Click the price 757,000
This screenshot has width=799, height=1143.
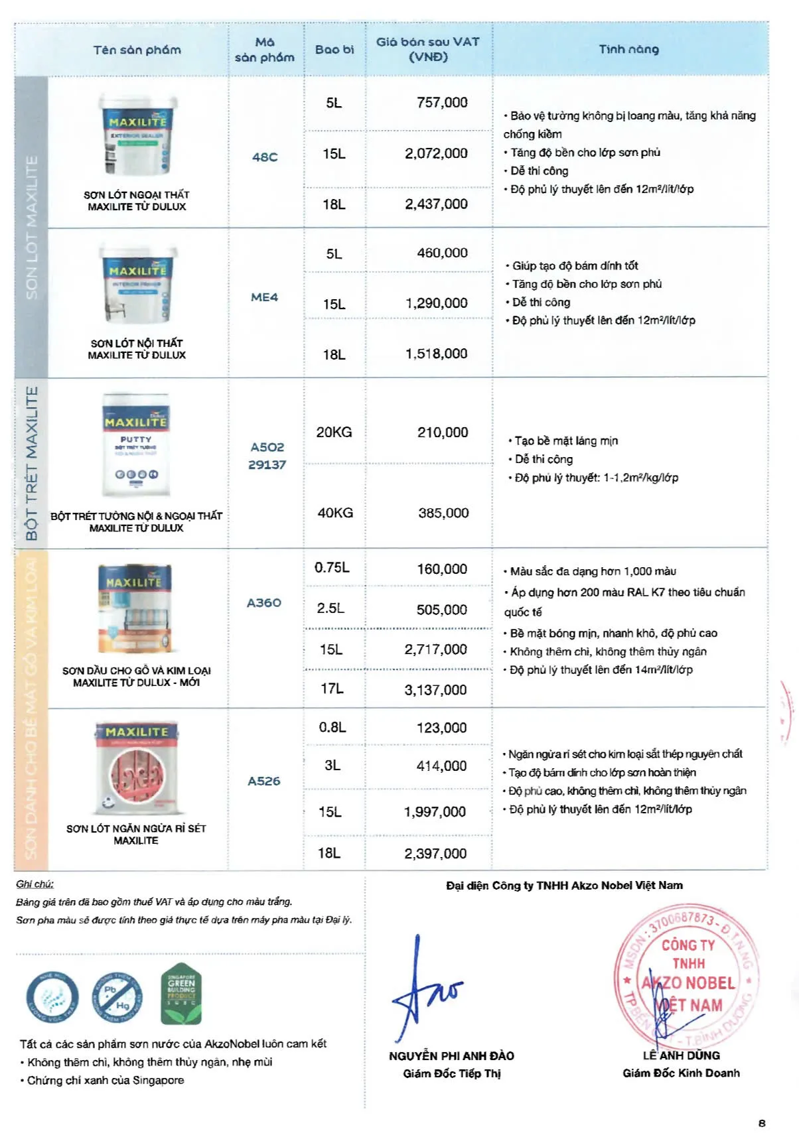tap(442, 102)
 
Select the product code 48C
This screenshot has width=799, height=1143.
tap(265, 157)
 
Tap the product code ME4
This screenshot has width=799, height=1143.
tap(264, 297)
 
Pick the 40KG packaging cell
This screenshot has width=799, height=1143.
tap(335, 513)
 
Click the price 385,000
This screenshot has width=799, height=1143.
tap(443, 513)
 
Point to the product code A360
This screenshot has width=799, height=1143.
tap(264, 602)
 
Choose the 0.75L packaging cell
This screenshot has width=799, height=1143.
tap(332, 568)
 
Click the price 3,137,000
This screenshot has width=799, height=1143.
tap(435, 690)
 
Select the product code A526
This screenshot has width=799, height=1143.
tap(264, 781)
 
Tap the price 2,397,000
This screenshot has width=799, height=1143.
tap(435, 854)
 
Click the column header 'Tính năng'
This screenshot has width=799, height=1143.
tap(628, 49)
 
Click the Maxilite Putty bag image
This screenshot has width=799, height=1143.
tap(135, 444)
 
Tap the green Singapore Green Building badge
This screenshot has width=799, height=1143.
tap(181, 994)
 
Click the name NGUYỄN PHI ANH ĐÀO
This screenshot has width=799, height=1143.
tap(451, 1055)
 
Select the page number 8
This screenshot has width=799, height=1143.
tap(762, 1123)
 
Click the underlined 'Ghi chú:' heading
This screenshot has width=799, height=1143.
tap(35, 884)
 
